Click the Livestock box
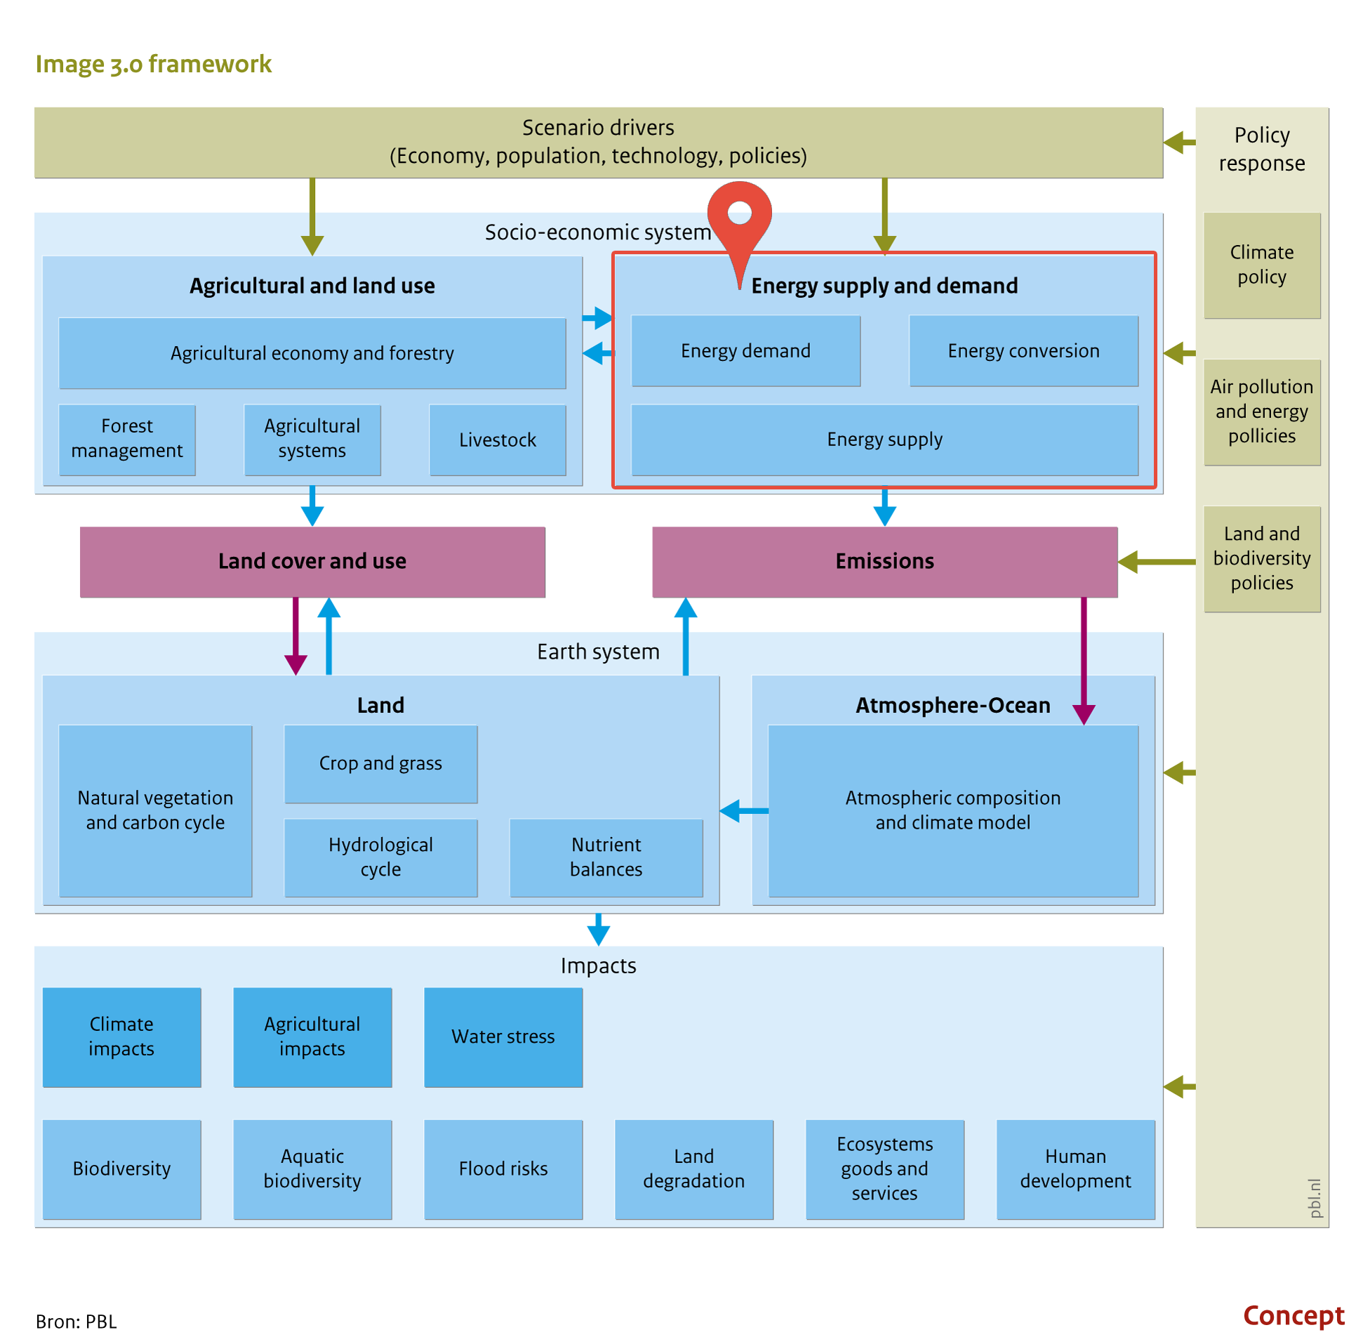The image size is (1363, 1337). [497, 440]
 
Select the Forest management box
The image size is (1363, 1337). [127, 440]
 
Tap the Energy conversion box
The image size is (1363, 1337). [1023, 350]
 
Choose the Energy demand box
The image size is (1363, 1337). [745, 350]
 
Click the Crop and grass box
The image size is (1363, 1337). [380, 763]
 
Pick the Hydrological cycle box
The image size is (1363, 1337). [380, 857]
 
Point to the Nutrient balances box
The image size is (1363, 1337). [606, 857]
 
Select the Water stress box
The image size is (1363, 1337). [503, 1036]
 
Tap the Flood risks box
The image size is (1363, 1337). [503, 1168]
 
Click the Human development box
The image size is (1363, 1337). [1075, 1168]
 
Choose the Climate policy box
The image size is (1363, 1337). [1261, 265]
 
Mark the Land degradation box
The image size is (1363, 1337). [693, 1168]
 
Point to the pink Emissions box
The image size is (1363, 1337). [884, 561]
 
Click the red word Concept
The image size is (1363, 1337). [1293, 1315]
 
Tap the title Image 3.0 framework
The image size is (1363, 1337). [153, 64]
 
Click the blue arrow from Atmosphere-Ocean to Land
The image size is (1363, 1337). [744, 810]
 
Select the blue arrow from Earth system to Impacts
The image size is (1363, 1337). [598, 929]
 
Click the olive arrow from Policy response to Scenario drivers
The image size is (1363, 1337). [1179, 143]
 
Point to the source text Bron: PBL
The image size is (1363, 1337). [76, 1321]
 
